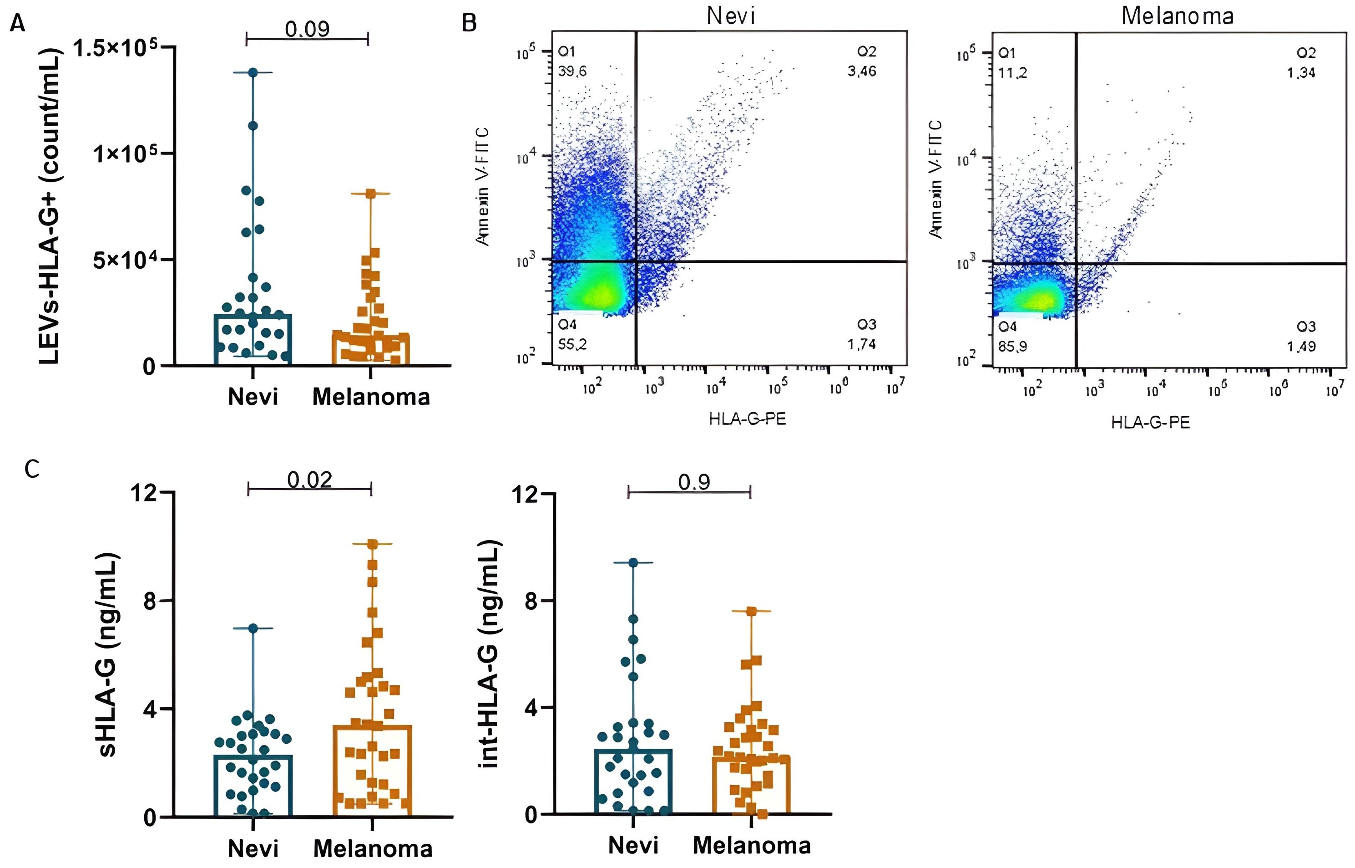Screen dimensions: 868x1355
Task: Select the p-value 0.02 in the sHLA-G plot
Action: click(309, 480)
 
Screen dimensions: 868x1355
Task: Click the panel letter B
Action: click(469, 23)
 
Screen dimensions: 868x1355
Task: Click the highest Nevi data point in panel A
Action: click(253, 72)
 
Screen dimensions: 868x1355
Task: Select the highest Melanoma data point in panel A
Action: click(370, 194)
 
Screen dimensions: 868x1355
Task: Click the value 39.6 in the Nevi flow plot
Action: click(572, 71)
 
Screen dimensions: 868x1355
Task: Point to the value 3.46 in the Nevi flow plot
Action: click(862, 71)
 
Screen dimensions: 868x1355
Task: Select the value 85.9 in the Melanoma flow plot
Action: click(1012, 346)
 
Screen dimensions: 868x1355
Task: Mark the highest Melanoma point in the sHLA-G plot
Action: click(372, 544)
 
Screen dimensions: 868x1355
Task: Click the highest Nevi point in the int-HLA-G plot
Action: click(633, 562)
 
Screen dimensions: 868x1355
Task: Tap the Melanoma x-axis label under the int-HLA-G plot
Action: click(752, 845)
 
